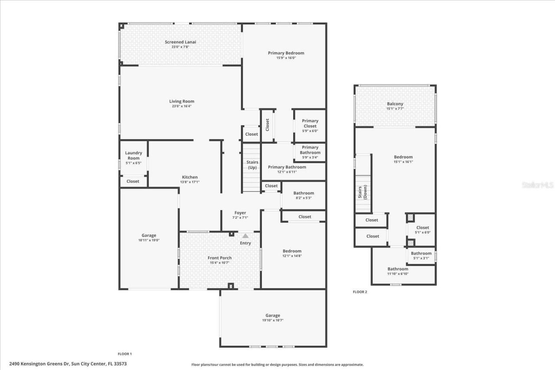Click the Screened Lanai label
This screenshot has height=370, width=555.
180,42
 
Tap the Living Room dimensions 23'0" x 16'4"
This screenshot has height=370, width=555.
182,106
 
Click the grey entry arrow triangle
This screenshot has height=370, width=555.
245,236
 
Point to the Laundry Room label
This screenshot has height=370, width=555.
134,156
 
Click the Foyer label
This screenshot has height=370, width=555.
240,213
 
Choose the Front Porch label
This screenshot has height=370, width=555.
220,258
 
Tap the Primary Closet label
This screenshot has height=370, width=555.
310,123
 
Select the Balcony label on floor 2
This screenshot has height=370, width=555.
395,104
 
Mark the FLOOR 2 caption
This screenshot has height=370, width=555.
360,292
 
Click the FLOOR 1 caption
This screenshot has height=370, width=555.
125,354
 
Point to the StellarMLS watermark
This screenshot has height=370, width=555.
538,185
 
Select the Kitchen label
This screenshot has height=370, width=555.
189,177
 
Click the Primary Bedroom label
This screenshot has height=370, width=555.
286,53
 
